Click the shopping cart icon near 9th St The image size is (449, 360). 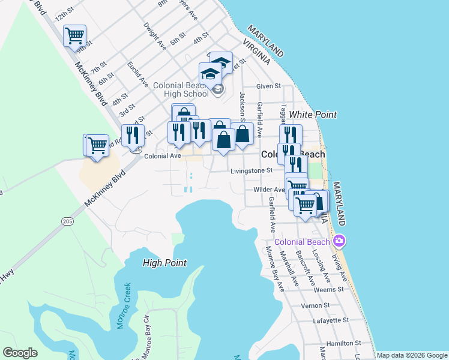tap(74, 35)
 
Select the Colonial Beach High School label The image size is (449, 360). tap(181, 89)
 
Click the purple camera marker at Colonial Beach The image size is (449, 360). tap(340, 241)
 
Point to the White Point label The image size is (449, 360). tap(312, 114)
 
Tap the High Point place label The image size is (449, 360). tap(164, 263)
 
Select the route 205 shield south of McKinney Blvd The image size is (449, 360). tap(67, 221)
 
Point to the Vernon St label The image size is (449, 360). tap(312, 305)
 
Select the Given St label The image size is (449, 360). tap(268, 86)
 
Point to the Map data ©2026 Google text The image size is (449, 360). tap(411, 355)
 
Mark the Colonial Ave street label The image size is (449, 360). tap(163, 156)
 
